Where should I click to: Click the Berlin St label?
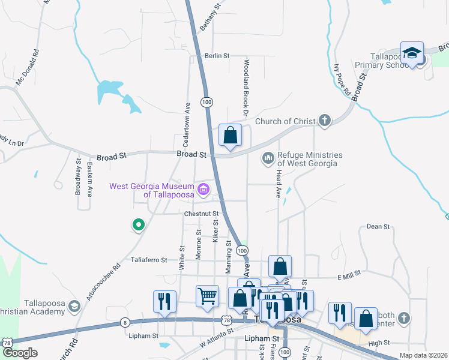(x=217, y=56)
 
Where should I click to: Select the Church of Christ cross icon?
(x=324, y=121)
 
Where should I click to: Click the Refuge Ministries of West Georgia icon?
(x=268, y=158)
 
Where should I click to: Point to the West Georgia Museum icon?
(x=203, y=191)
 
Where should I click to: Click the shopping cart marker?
(x=207, y=295)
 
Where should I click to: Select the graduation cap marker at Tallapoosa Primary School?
(x=412, y=52)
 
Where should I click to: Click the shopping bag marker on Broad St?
(x=230, y=135)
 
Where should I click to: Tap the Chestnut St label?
(x=203, y=213)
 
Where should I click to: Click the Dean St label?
(x=378, y=227)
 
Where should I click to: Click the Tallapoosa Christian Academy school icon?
(x=74, y=307)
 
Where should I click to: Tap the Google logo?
(x=20, y=353)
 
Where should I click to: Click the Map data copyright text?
(x=424, y=355)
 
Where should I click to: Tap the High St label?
(x=379, y=343)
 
